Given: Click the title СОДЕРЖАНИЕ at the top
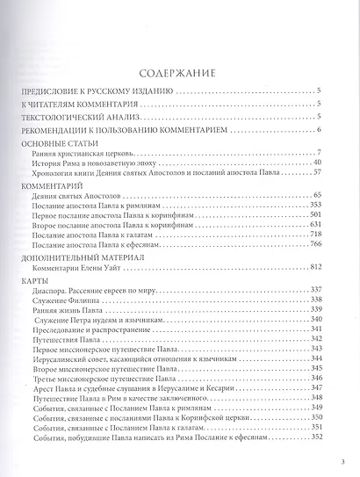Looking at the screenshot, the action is pos(180,72).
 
